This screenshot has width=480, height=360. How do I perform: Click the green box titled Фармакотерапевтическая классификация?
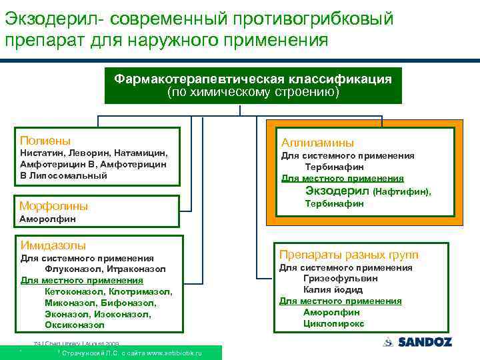point(253,85)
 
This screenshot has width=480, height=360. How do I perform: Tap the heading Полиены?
point(45,141)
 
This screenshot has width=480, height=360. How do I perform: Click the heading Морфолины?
point(53,205)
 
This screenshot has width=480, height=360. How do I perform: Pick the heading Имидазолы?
point(53,245)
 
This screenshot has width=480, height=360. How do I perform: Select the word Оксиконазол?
point(74,325)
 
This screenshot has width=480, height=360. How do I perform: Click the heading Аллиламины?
point(317,143)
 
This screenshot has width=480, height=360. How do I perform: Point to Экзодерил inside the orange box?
point(337,191)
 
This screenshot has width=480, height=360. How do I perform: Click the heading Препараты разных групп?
point(349,255)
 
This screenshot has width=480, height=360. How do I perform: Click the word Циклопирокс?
point(333,323)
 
